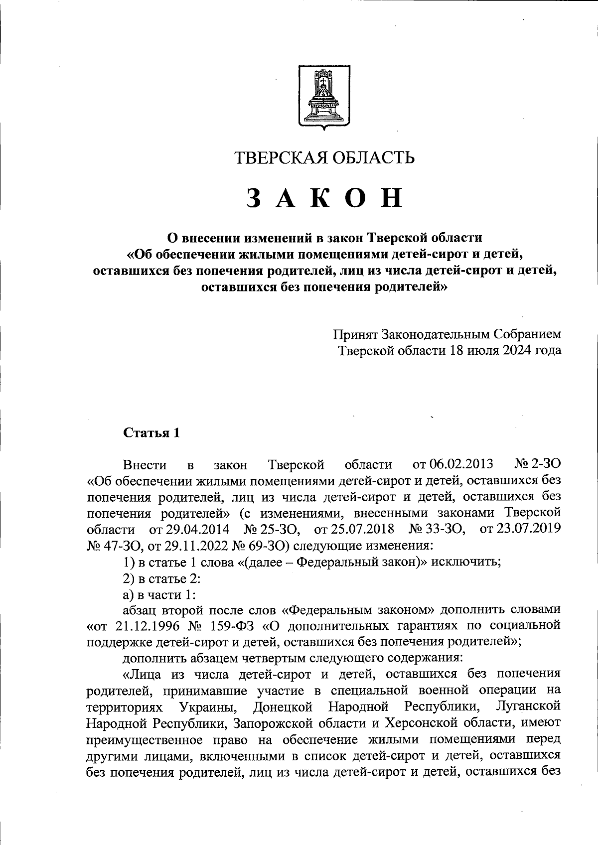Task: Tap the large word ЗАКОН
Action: [324, 198]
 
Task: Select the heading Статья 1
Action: [151, 432]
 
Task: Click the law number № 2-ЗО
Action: [536, 464]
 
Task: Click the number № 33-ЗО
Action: [437, 529]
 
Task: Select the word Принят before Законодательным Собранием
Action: [356, 334]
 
